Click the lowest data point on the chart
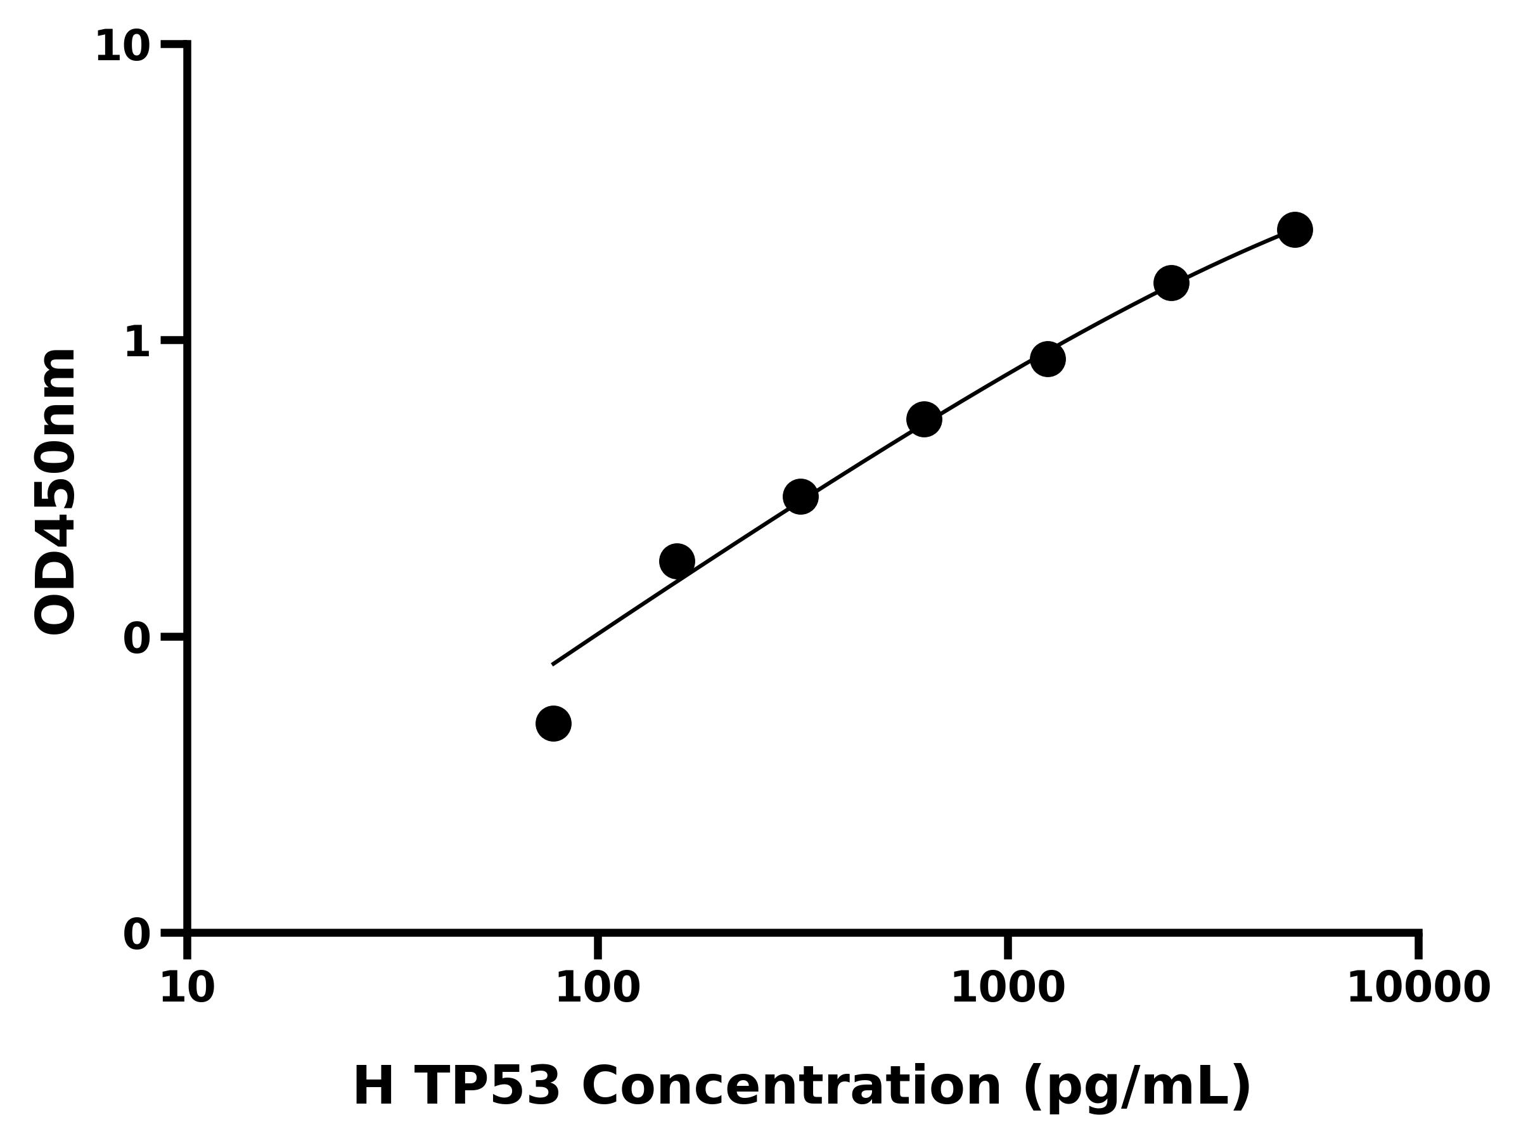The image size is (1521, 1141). point(553,723)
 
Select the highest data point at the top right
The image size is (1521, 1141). point(1295,229)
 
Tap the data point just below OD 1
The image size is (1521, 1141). point(1047,359)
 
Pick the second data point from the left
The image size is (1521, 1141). point(677,560)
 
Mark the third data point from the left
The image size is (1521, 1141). point(800,496)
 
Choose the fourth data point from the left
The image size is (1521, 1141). point(924,419)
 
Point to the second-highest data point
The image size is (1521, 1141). point(1171,283)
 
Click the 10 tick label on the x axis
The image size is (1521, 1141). point(187,988)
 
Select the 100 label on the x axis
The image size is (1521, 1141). point(598,988)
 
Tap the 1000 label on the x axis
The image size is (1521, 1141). point(1008,988)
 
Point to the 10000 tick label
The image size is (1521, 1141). point(1418,988)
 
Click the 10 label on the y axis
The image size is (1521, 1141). point(122,47)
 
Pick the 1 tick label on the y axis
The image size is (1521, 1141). point(137,342)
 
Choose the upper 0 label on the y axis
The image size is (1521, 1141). point(137,639)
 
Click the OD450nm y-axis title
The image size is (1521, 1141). point(55,491)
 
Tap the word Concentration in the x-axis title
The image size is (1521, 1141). point(791,1086)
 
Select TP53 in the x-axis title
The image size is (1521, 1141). point(487,1086)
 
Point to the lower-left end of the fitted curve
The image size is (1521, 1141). point(553,664)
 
